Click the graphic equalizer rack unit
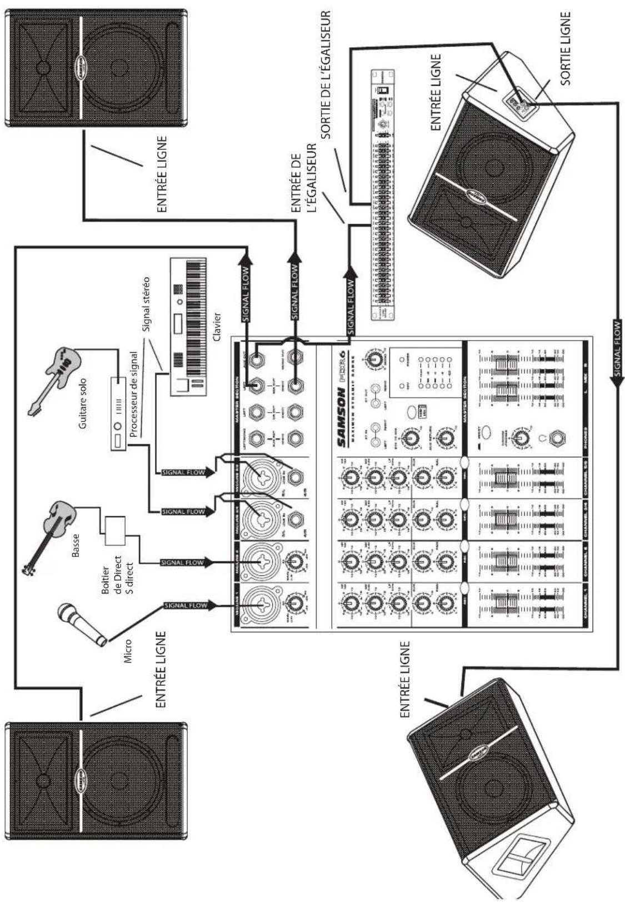(x=381, y=195)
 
